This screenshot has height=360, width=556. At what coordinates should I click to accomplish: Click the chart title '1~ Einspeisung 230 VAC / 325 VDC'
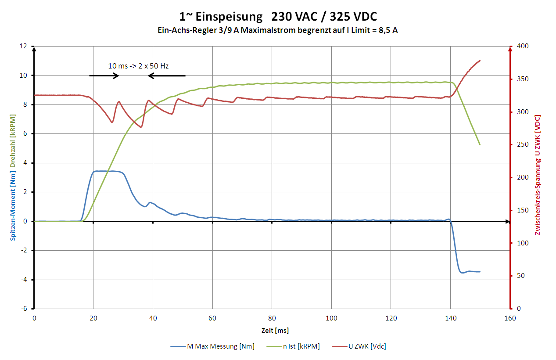278,17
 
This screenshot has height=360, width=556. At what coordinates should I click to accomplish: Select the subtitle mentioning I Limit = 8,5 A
278,30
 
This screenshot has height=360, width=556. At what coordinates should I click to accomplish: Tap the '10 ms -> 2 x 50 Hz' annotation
138,66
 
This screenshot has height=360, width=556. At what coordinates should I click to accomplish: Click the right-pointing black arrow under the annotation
104,76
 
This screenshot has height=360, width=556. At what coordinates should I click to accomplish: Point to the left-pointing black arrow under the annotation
167,76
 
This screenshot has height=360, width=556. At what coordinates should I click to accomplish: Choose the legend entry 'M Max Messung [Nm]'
212,346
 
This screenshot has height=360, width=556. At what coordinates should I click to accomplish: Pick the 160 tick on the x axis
509,318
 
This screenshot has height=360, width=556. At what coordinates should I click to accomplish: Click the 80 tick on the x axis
272,318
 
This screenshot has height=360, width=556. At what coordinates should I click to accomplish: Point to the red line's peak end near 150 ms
480,61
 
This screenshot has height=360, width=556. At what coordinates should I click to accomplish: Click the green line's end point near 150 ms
480,144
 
